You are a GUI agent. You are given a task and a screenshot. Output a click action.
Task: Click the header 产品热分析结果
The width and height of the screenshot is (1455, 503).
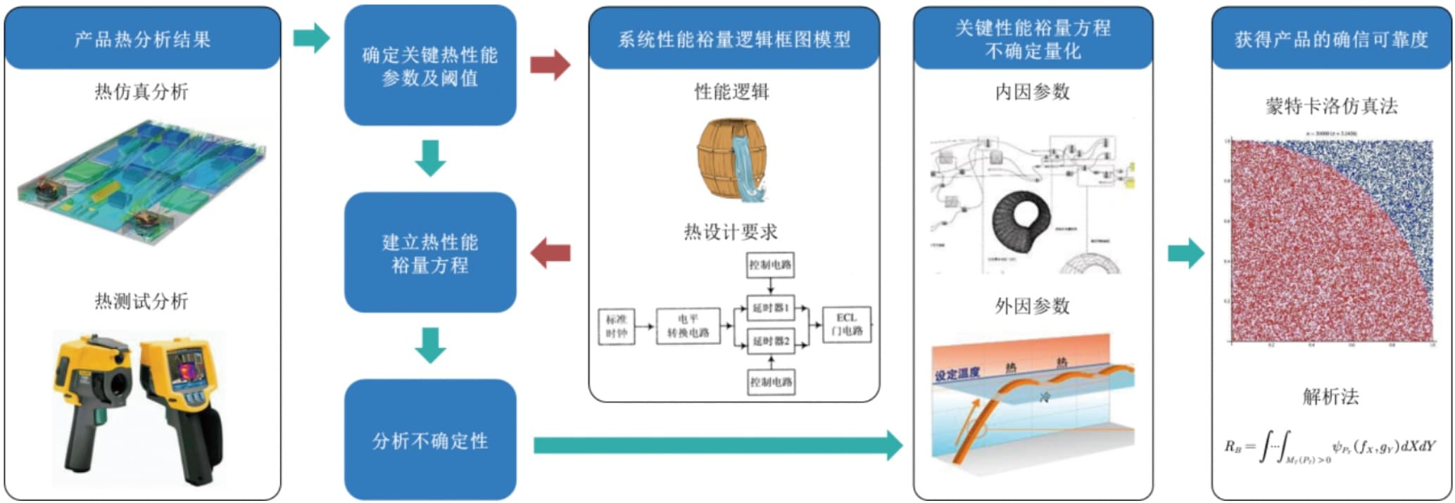(142, 39)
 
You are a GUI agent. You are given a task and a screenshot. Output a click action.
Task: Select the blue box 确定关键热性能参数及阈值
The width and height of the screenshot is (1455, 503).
(430, 65)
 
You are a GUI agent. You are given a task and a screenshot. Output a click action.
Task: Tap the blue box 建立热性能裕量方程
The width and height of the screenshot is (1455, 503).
(430, 253)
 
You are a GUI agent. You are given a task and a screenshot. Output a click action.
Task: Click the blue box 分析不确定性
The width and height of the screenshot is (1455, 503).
(430, 440)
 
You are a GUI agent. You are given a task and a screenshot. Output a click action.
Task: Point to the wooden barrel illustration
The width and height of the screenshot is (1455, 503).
(731, 160)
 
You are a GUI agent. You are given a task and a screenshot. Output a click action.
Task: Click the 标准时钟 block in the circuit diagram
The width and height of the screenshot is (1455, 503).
(616, 326)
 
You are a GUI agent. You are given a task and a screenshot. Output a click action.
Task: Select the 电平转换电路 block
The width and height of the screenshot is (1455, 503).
(688, 326)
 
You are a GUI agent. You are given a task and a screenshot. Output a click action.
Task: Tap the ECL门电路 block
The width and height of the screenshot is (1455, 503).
(846, 324)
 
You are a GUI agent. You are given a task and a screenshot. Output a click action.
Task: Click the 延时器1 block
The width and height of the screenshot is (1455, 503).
(771, 307)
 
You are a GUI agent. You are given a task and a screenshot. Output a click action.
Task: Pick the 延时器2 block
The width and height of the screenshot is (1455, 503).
(771, 341)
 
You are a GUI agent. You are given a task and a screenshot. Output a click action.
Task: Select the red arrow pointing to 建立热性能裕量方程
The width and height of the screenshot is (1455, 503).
(550, 253)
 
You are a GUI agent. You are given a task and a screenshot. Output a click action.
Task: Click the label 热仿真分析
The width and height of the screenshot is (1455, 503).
(141, 91)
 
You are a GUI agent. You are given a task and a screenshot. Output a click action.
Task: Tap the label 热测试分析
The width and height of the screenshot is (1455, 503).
(141, 301)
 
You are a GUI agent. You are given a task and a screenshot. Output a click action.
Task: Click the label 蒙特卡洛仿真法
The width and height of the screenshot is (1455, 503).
(1331, 106)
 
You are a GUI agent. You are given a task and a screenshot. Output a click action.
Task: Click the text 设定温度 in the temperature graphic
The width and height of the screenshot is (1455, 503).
(957, 374)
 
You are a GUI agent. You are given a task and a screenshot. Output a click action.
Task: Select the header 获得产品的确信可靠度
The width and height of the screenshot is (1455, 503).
(1331, 39)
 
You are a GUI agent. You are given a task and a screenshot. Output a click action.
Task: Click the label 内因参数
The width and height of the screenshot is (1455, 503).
(1032, 91)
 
